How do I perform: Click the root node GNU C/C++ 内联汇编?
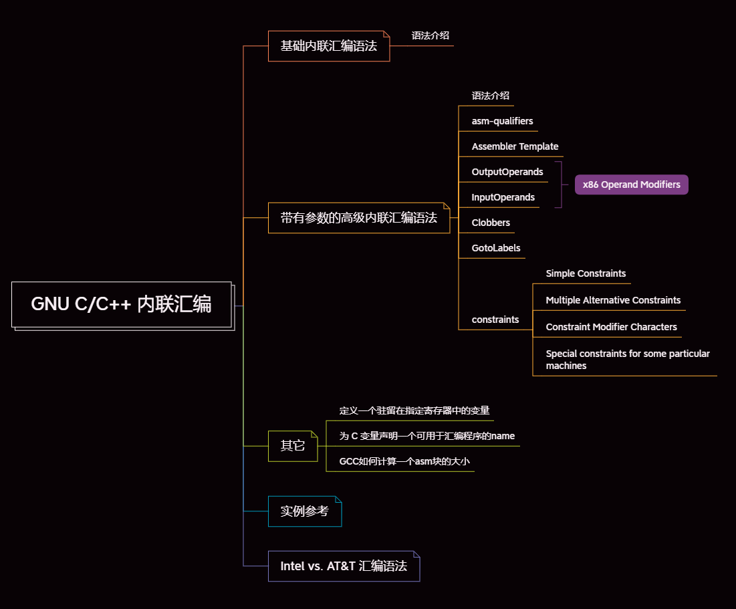coord(122,304)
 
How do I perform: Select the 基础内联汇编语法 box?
coord(328,46)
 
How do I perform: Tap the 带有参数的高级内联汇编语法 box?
coord(358,218)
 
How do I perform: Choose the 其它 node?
coord(292,446)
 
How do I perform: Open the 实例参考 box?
coord(304,511)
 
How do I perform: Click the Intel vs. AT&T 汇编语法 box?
coord(344,566)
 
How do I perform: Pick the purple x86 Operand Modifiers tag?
coord(631,185)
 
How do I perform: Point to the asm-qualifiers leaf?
coord(502,121)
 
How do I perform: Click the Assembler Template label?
coord(515,146)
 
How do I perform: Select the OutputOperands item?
coord(507,172)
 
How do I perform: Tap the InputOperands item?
coord(503,197)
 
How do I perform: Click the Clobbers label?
coord(491,223)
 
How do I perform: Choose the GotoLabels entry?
coord(496,248)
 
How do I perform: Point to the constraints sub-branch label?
coord(495,320)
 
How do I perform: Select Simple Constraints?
coord(586,273)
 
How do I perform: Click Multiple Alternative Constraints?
coord(613,300)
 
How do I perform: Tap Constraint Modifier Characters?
coord(611,327)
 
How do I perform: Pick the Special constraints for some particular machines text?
coord(627,360)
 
